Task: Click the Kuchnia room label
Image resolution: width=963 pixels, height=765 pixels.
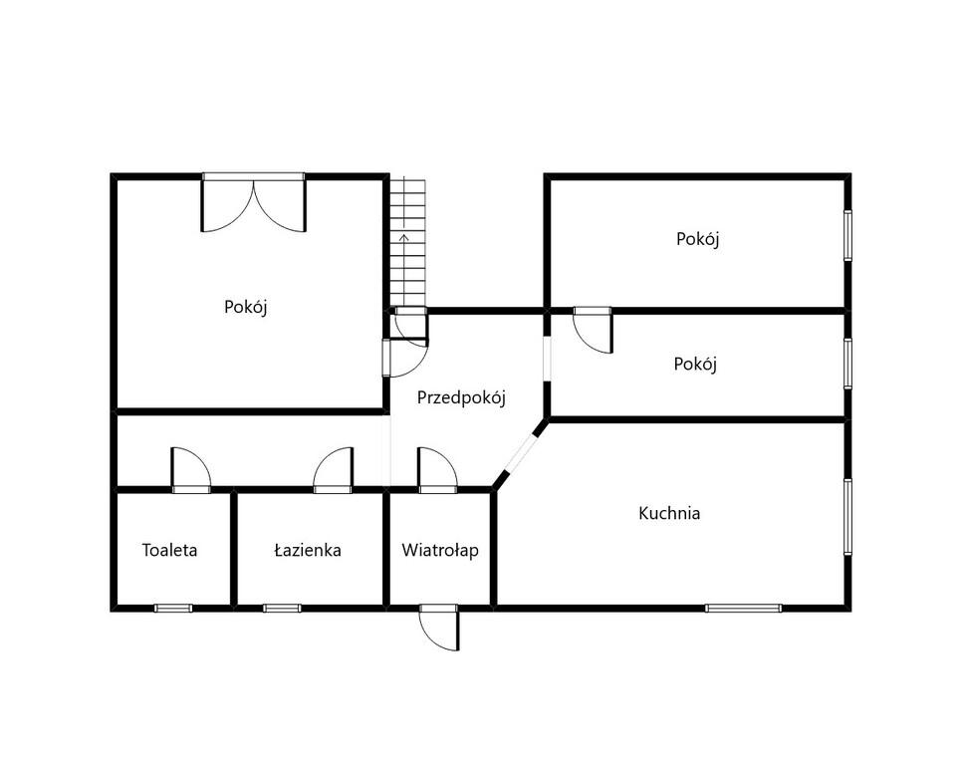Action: [x=669, y=513]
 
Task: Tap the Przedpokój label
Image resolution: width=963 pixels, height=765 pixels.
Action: [x=461, y=398]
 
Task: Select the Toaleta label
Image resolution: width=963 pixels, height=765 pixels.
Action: [x=169, y=550]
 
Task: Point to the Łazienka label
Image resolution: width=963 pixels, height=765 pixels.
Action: [x=307, y=550]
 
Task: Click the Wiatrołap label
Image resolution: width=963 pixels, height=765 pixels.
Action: [x=440, y=551]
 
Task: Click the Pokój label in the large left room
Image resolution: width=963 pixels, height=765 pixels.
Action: [x=246, y=307]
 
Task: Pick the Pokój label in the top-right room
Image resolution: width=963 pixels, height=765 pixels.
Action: [x=698, y=239]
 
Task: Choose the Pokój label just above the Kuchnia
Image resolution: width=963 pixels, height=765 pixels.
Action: [x=695, y=365]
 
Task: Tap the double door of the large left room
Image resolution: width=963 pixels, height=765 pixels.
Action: [x=254, y=203]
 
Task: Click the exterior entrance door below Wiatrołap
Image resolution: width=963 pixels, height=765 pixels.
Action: [x=439, y=627]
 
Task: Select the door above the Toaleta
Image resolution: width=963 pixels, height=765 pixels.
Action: [x=191, y=470]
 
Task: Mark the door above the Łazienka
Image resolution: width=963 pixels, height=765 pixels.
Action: [x=333, y=470]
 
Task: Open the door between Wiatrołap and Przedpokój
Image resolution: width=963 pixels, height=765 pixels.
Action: [x=438, y=470]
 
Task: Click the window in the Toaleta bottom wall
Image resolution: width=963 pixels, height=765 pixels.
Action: [x=173, y=609]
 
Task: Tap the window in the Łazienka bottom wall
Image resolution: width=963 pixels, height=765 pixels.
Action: [x=282, y=609]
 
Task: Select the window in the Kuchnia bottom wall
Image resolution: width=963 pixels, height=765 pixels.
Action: [x=743, y=609]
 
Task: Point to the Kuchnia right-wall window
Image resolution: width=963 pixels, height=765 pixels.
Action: [x=847, y=517]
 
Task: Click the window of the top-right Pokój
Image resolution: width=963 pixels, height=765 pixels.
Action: [x=847, y=235]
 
